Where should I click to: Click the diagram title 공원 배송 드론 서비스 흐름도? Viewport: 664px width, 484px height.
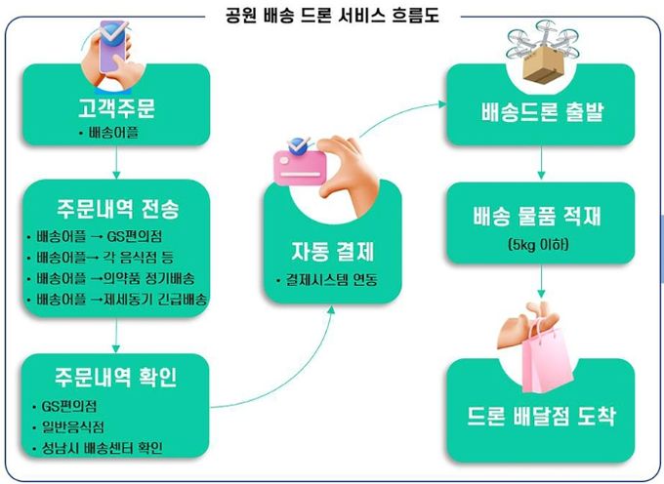click(332, 16)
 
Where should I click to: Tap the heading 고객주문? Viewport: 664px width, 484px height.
click(116, 108)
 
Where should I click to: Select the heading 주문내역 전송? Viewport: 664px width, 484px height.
click(118, 209)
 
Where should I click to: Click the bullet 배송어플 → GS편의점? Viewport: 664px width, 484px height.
click(95, 236)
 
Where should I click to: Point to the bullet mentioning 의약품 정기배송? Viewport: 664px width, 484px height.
click(111, 278)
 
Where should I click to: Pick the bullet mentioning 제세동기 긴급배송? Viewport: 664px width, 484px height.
click(117, 300)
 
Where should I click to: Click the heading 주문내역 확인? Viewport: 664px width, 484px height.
click(115, 377)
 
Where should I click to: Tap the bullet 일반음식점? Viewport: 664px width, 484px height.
click(68, 426)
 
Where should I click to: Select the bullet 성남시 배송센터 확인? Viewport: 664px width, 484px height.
click(98, 448)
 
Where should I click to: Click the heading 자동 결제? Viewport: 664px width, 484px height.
click(333, 252)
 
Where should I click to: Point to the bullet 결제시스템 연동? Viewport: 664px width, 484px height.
click(326, 280)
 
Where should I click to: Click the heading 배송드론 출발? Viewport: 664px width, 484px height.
click(542, 112)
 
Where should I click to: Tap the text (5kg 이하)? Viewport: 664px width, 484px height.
click(538, 245)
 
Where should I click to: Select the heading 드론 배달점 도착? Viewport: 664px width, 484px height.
click(541, 416)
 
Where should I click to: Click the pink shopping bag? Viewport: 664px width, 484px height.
click(546, 356)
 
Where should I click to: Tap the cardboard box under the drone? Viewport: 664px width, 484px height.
click(542, 63)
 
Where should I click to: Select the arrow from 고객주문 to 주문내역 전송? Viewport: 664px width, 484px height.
click(116, 162)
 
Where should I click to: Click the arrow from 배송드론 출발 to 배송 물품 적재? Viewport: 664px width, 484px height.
click(541, 162)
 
